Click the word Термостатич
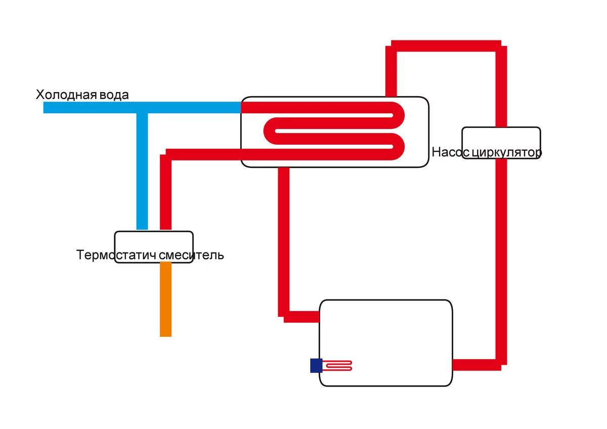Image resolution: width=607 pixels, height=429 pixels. coord(116,254)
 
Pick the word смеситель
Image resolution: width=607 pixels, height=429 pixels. coord(191,254)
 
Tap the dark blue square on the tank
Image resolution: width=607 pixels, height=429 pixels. coord(316,365)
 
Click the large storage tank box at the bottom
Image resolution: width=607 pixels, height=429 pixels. coord(386,334)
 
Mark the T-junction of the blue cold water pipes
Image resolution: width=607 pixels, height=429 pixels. coord(142,108)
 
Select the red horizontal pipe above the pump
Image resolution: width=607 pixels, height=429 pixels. coord(445,45)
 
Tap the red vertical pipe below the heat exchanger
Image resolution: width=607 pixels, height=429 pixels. coord(284,238)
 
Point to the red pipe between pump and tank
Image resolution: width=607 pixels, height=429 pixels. coord(501,253)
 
